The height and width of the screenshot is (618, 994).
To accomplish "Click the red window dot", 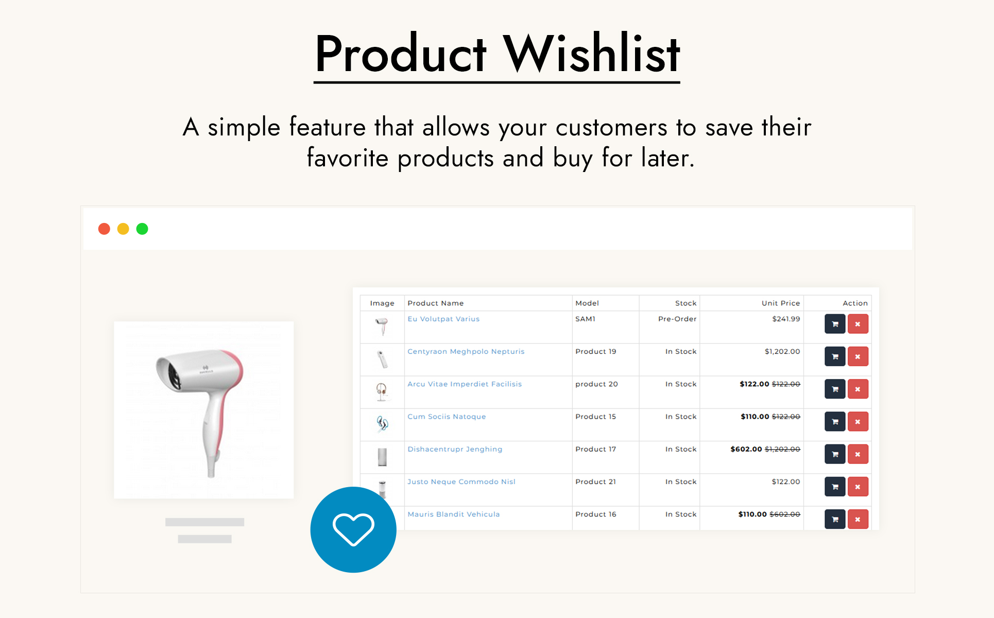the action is pyautogui.click(x=104, y=229).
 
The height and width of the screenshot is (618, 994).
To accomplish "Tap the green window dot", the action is pyautogui.click(x=142, y=229).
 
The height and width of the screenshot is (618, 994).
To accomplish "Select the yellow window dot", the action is pyautogui.click(x=123, y=229).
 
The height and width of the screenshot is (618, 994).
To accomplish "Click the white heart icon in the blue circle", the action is pyautogui.click(x=353, y=529).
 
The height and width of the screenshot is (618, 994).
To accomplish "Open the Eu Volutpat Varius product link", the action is pyautogui.click(x=443, y=319).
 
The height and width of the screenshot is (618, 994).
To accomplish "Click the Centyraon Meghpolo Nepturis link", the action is pyautogui.click(x=466, y=351).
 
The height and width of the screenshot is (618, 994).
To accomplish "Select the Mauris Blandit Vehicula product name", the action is pyautogui.click(x=453, y=514).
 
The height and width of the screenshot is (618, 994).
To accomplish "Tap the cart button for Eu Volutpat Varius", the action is pyautogui.click(x=835, y=324).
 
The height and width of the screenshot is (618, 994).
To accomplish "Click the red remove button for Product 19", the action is pyautogui.click(x=858, y=356).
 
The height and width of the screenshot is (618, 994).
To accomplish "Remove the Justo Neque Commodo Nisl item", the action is pyautogui.click(x=858, y=487).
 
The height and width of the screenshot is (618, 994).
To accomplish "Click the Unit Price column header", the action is pyautogui.click(x=781, y=303).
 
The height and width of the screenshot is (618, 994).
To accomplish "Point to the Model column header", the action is pyautogui.click(x=587, y=303).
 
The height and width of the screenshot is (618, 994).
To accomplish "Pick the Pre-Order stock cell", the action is pyautogui.click(x=677, y=319).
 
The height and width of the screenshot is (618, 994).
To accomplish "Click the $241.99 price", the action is pyautogui.click(x=786, y=319).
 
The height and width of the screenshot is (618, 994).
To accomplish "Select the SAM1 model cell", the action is pyautogui.click(x=585, y=319).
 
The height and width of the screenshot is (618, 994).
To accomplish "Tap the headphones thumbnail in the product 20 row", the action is pyautogui.click(x=382, y=392).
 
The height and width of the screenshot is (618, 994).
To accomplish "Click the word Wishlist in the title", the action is pyautogui.click(x=592, y=54).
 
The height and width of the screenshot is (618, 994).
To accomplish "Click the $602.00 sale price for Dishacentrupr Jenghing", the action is pyautogui.click(x=746, y=449).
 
